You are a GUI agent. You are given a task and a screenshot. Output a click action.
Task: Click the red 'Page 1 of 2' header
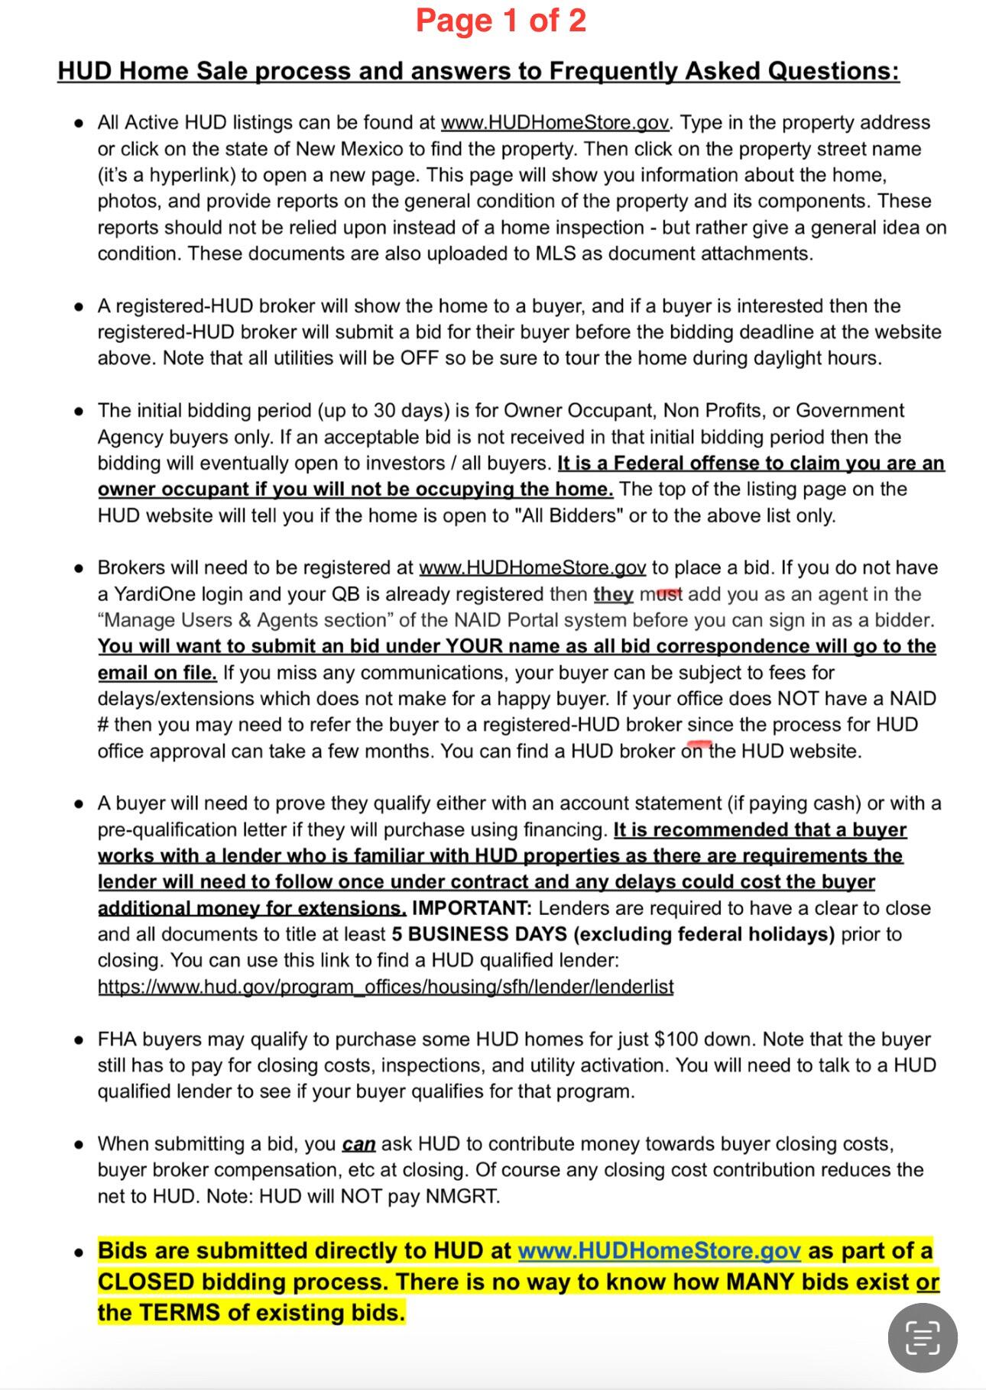[x=501, y=21]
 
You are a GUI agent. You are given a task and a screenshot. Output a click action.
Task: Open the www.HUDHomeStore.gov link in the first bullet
[x=556, y=123]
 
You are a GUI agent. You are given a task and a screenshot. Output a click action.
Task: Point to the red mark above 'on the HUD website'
[x=699, y=742]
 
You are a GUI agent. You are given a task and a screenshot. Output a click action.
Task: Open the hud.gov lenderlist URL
[x=385, y=987]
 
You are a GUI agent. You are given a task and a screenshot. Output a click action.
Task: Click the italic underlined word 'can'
[x=358, y=1144]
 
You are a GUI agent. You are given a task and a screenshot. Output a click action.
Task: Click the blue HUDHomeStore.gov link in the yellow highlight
[x=659, y=1251]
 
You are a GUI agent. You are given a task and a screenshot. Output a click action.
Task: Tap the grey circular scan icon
[x=922, y=1337]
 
